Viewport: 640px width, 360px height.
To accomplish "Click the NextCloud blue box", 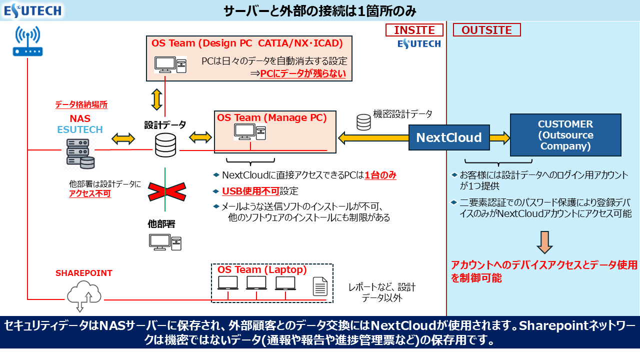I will pos(449,137).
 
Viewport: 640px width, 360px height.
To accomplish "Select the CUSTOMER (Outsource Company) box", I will pos(565,135).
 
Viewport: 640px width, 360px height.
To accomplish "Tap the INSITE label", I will pos(414,30).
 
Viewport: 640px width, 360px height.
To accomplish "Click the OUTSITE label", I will pos(486,30).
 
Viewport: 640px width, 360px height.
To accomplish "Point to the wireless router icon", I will pos(28,41).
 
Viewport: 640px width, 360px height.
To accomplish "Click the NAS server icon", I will pos(80,152).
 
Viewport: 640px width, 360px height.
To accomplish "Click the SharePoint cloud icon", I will pos(83,293).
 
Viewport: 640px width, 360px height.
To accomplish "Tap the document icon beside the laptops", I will pos(320,286).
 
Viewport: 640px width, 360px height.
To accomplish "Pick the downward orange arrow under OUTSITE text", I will pos(544,242).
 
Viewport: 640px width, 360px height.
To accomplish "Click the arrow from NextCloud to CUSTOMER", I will pos(499,137).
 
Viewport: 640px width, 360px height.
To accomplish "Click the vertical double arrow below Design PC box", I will pos(157,99).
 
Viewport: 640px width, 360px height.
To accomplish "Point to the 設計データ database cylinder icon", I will pos(165,145).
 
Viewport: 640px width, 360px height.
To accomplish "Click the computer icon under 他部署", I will pos(165,242).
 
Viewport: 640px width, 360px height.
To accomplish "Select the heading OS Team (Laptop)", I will pos(262,269).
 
